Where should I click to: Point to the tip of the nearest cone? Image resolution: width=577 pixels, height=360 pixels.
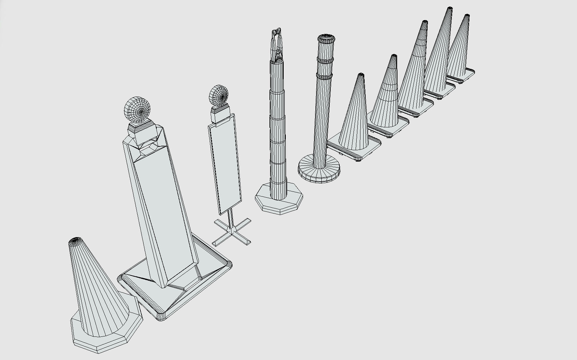(x=75, y=240)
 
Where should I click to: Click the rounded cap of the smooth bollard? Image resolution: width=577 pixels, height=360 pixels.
(x=325, y=38)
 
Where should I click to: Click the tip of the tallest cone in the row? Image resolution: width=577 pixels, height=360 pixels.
(x=450, y=9)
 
